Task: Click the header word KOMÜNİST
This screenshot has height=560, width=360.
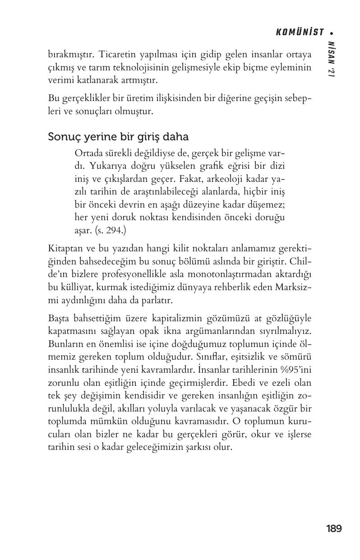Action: (300, 32)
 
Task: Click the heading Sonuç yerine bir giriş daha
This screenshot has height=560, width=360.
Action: (118, 137)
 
